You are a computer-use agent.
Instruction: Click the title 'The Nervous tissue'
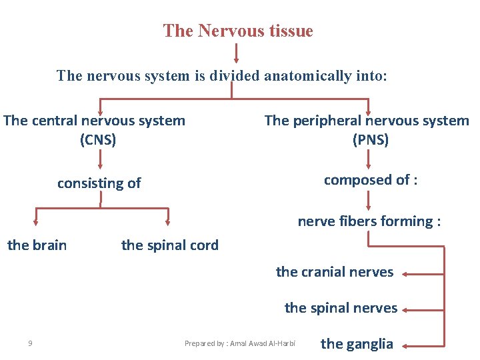(238, 31)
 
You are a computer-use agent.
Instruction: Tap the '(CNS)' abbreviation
(98, 140)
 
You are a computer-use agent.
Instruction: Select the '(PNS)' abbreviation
(370, 140)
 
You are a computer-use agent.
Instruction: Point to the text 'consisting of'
(99, 183)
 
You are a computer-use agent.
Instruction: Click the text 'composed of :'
(371, 180)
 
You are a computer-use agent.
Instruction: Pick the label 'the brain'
(37, 245)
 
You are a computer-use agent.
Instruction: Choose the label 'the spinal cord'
(170, 245)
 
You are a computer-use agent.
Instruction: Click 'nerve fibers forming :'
(369, 221)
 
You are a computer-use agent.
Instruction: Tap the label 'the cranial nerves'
(335, 272)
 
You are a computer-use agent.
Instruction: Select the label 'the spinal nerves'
(341, 308)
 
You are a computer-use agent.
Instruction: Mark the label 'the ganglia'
(357, 344)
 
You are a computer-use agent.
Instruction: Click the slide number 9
(31, 344)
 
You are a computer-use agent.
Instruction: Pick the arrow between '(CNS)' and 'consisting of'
(100, 159)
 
